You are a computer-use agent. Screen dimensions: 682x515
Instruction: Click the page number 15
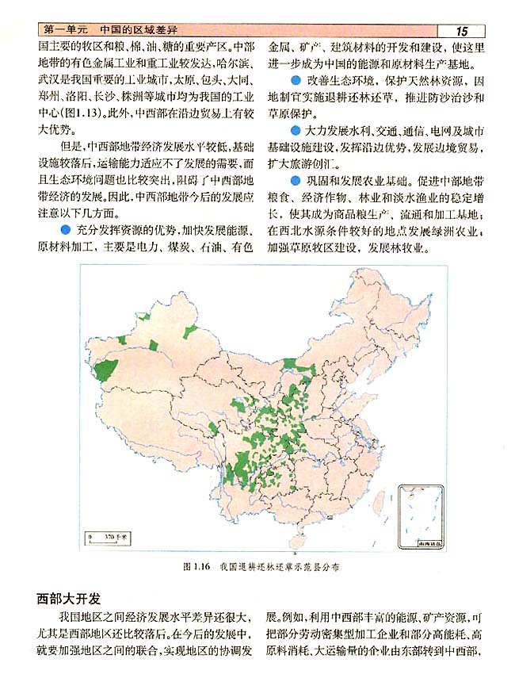(x=461, y=31)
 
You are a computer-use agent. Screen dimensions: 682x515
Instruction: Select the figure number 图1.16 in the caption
(x=195, y=568)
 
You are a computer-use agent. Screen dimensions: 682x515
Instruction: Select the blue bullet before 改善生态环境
(x=295, y=82)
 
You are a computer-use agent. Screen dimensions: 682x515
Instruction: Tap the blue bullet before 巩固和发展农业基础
(x=295, y=181)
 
